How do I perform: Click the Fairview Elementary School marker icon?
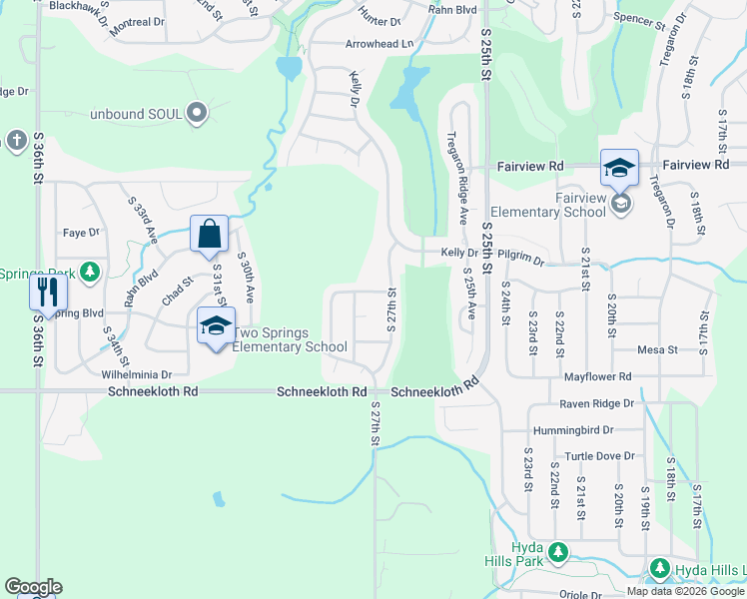[x=619, y=169]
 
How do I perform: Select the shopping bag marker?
[x=209, y=236]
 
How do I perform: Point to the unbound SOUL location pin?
[x=196, y=113]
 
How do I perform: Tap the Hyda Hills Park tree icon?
[x=558, y=551]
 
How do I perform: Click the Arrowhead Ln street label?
[x=378, y=44]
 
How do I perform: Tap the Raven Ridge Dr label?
[x=597, y=403]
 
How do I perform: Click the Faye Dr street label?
[x=82, y=233]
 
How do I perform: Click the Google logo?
[x=33, y=587]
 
